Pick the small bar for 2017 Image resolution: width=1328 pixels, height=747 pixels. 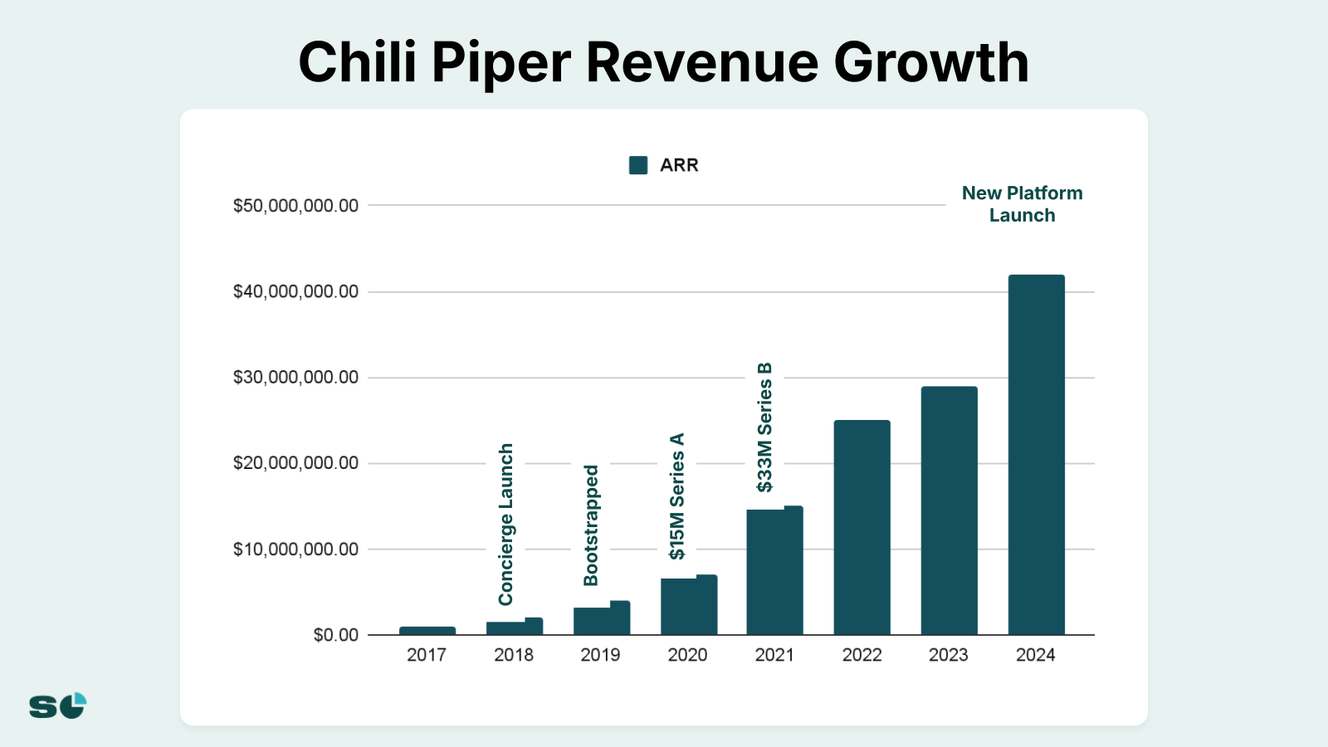tap(427, 631)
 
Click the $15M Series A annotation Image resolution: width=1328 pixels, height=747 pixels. tap(677, 496)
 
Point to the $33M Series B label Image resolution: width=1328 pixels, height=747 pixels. tap(764, 427)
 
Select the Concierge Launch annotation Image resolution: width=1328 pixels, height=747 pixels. tap(506, 524)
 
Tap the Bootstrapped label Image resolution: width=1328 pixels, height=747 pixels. tap(591, 525)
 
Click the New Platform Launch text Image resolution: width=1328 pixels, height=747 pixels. tap(1022, 204)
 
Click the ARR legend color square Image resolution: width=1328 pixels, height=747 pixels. tap(638, 165)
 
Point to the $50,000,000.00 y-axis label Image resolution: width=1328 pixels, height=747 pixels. tap(295, 206)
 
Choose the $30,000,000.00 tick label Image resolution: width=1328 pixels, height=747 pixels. tap(295, 378)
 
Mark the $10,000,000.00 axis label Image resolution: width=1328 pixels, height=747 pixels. tap(295, 549)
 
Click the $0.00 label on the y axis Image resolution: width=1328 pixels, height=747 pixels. tap(335, 636)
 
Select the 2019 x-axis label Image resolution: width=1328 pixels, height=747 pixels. tap(600, 655)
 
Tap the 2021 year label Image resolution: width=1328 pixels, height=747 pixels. tap(774, 655)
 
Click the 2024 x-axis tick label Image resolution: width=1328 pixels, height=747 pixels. tap(1036, 655)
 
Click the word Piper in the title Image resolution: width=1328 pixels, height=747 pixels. tap(501, 63)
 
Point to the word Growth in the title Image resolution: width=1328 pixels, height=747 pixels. tap(931, 63)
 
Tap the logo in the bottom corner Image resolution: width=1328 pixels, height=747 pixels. tap(58, 705)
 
